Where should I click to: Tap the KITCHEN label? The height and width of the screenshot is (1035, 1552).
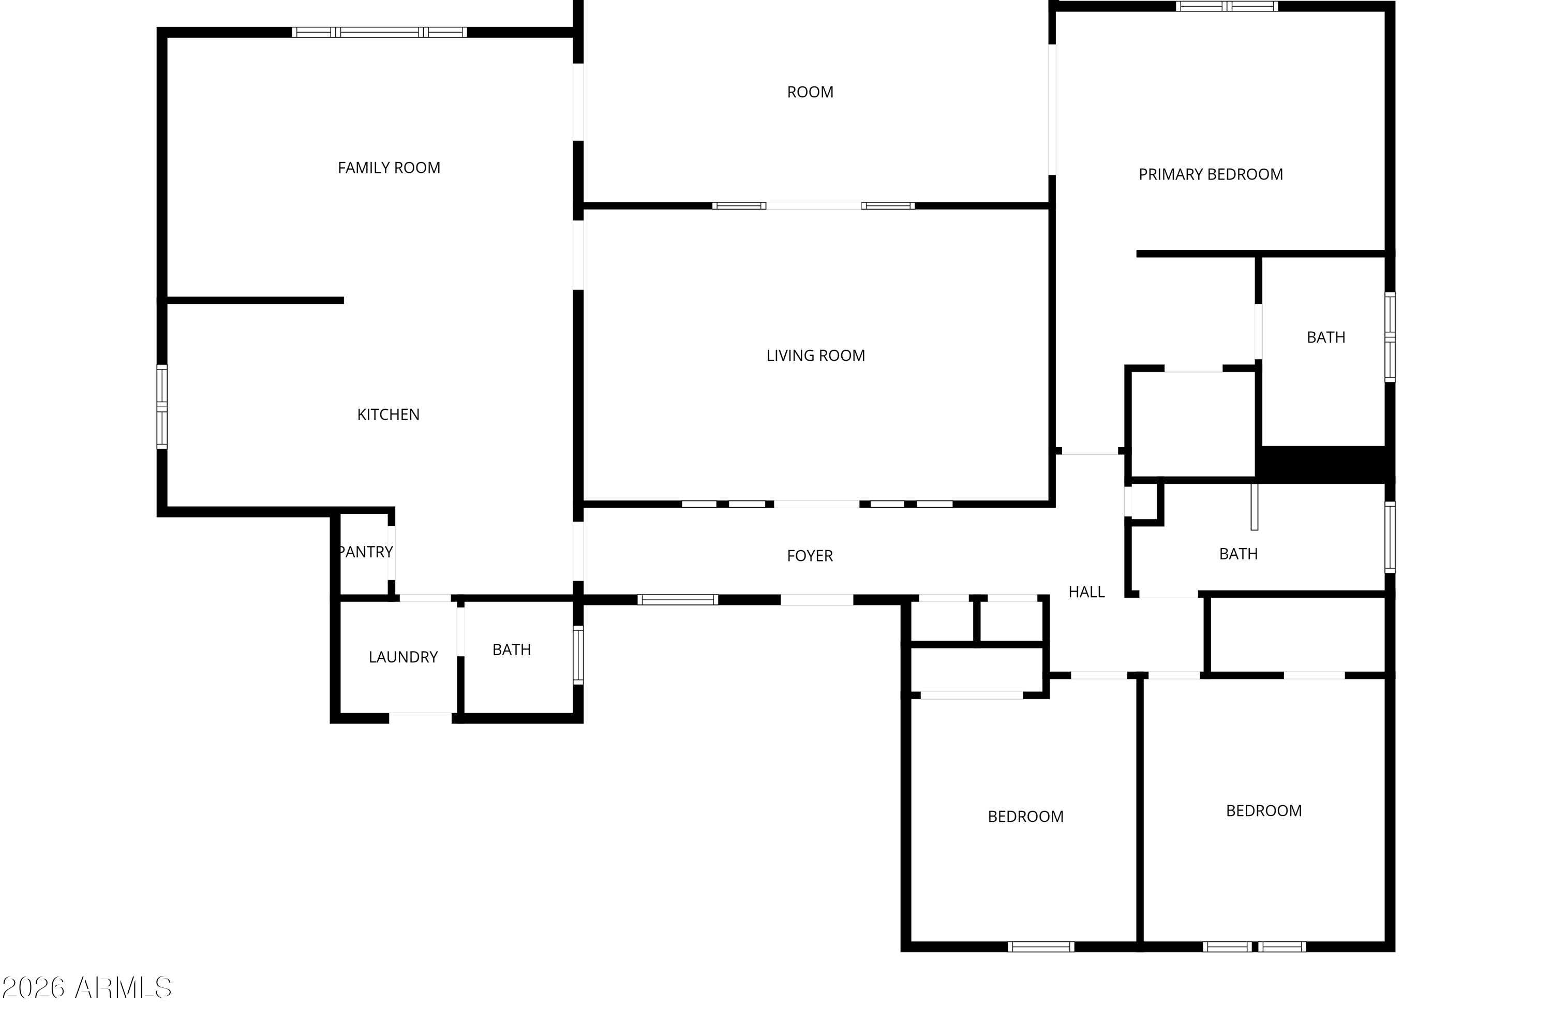point(388,415)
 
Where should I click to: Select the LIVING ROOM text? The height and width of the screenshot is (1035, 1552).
point(816,356)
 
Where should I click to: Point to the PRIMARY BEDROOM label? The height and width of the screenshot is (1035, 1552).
point(1211,175)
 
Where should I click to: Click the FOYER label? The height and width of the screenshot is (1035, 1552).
point(810,556)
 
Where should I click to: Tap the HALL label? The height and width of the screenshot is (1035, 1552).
point(1086,593)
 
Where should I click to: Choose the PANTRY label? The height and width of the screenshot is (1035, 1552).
point(366,552)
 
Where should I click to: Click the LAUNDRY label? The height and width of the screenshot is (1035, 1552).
point(403,657)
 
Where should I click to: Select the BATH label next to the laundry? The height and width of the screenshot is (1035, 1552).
point(512,650)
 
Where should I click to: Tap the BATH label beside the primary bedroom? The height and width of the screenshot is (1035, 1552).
point(1325,338)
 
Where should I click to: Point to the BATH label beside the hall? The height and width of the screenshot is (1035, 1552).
point(1238,554)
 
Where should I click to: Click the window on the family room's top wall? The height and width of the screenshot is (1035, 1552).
point(379,32)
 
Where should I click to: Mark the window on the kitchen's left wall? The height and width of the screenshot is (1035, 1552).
point(161,407)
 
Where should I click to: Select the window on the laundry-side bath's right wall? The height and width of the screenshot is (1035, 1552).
point(578,655)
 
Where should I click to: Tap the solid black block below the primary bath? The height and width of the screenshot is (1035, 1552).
point(1324,464)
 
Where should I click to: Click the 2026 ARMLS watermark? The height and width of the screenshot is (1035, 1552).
point(86,988)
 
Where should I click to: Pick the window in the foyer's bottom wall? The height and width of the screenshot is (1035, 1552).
point(678,600)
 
